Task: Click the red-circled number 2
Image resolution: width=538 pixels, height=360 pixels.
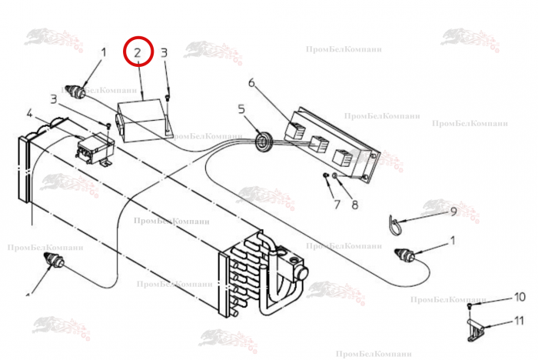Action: (138, 54)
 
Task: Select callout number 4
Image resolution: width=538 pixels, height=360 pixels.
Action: (29, 115)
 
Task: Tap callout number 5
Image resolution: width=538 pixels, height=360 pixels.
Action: (241, 110)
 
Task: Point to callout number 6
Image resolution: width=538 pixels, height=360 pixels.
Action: (251, 82)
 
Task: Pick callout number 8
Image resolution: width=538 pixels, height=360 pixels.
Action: (355, 205)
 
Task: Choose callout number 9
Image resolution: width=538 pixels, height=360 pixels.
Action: (453, 212)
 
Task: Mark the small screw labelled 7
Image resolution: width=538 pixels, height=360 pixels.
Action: (327, 178)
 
